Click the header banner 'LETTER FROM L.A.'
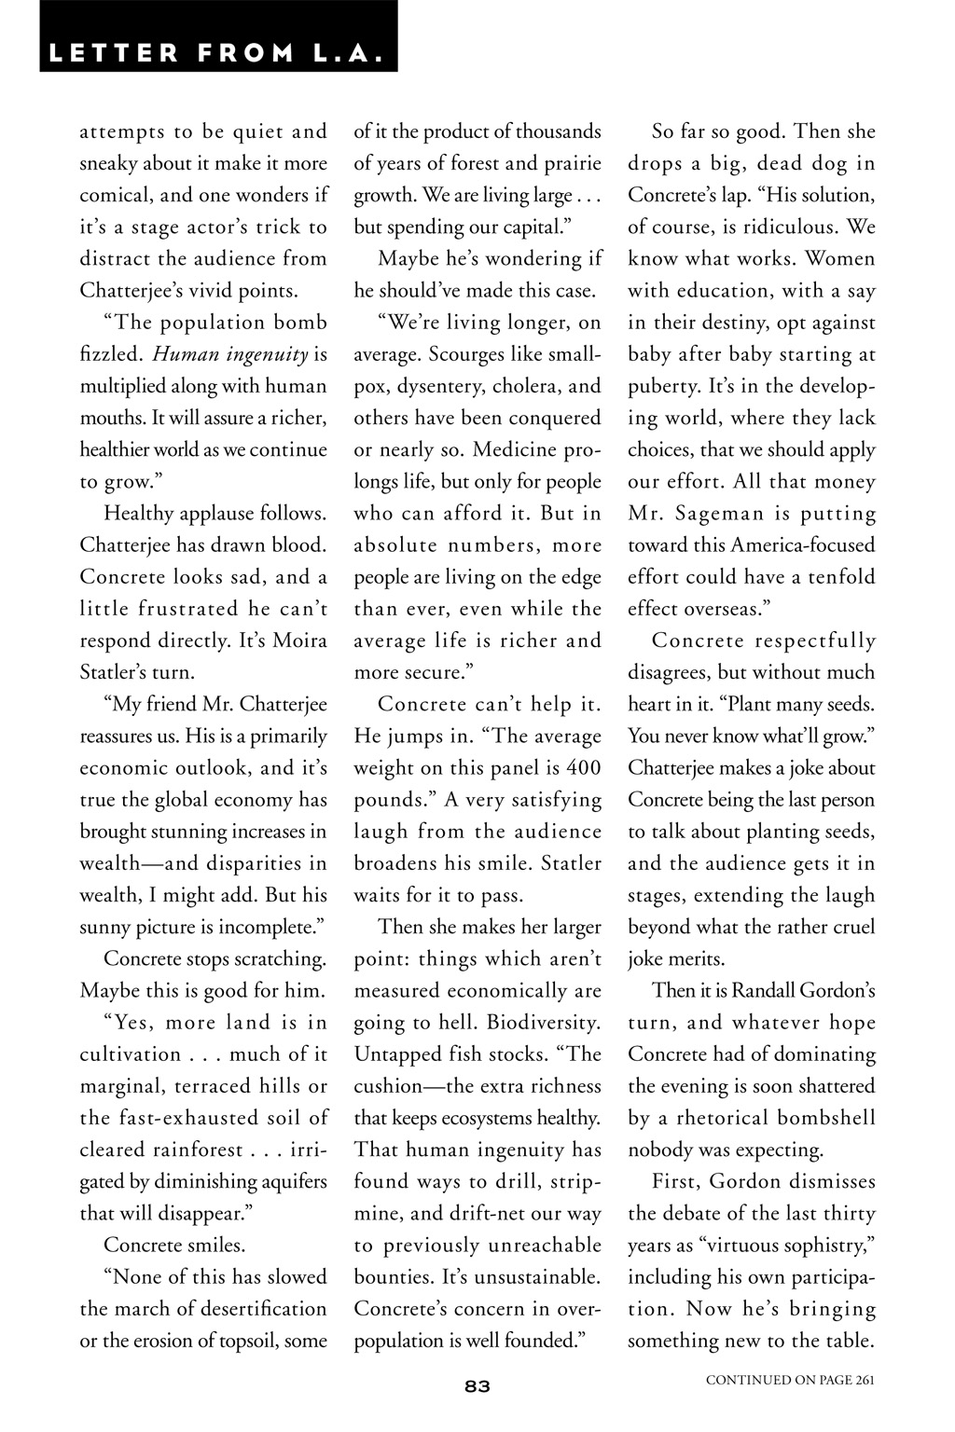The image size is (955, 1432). coord(217,52)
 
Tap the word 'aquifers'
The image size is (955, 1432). coord(289,1181)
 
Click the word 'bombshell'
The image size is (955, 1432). coord(827,1118)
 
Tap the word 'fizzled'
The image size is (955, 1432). coord(110,354)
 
